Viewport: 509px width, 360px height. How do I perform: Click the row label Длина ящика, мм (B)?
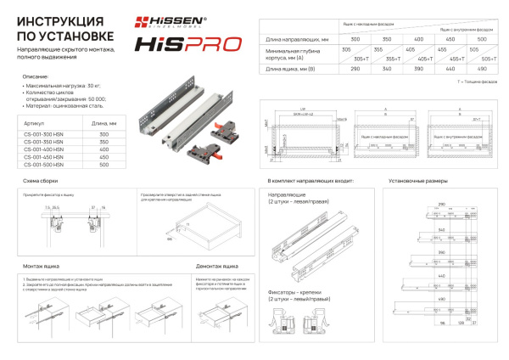coord(292,68)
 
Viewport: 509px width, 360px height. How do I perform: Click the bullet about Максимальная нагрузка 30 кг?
coord(59,87)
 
